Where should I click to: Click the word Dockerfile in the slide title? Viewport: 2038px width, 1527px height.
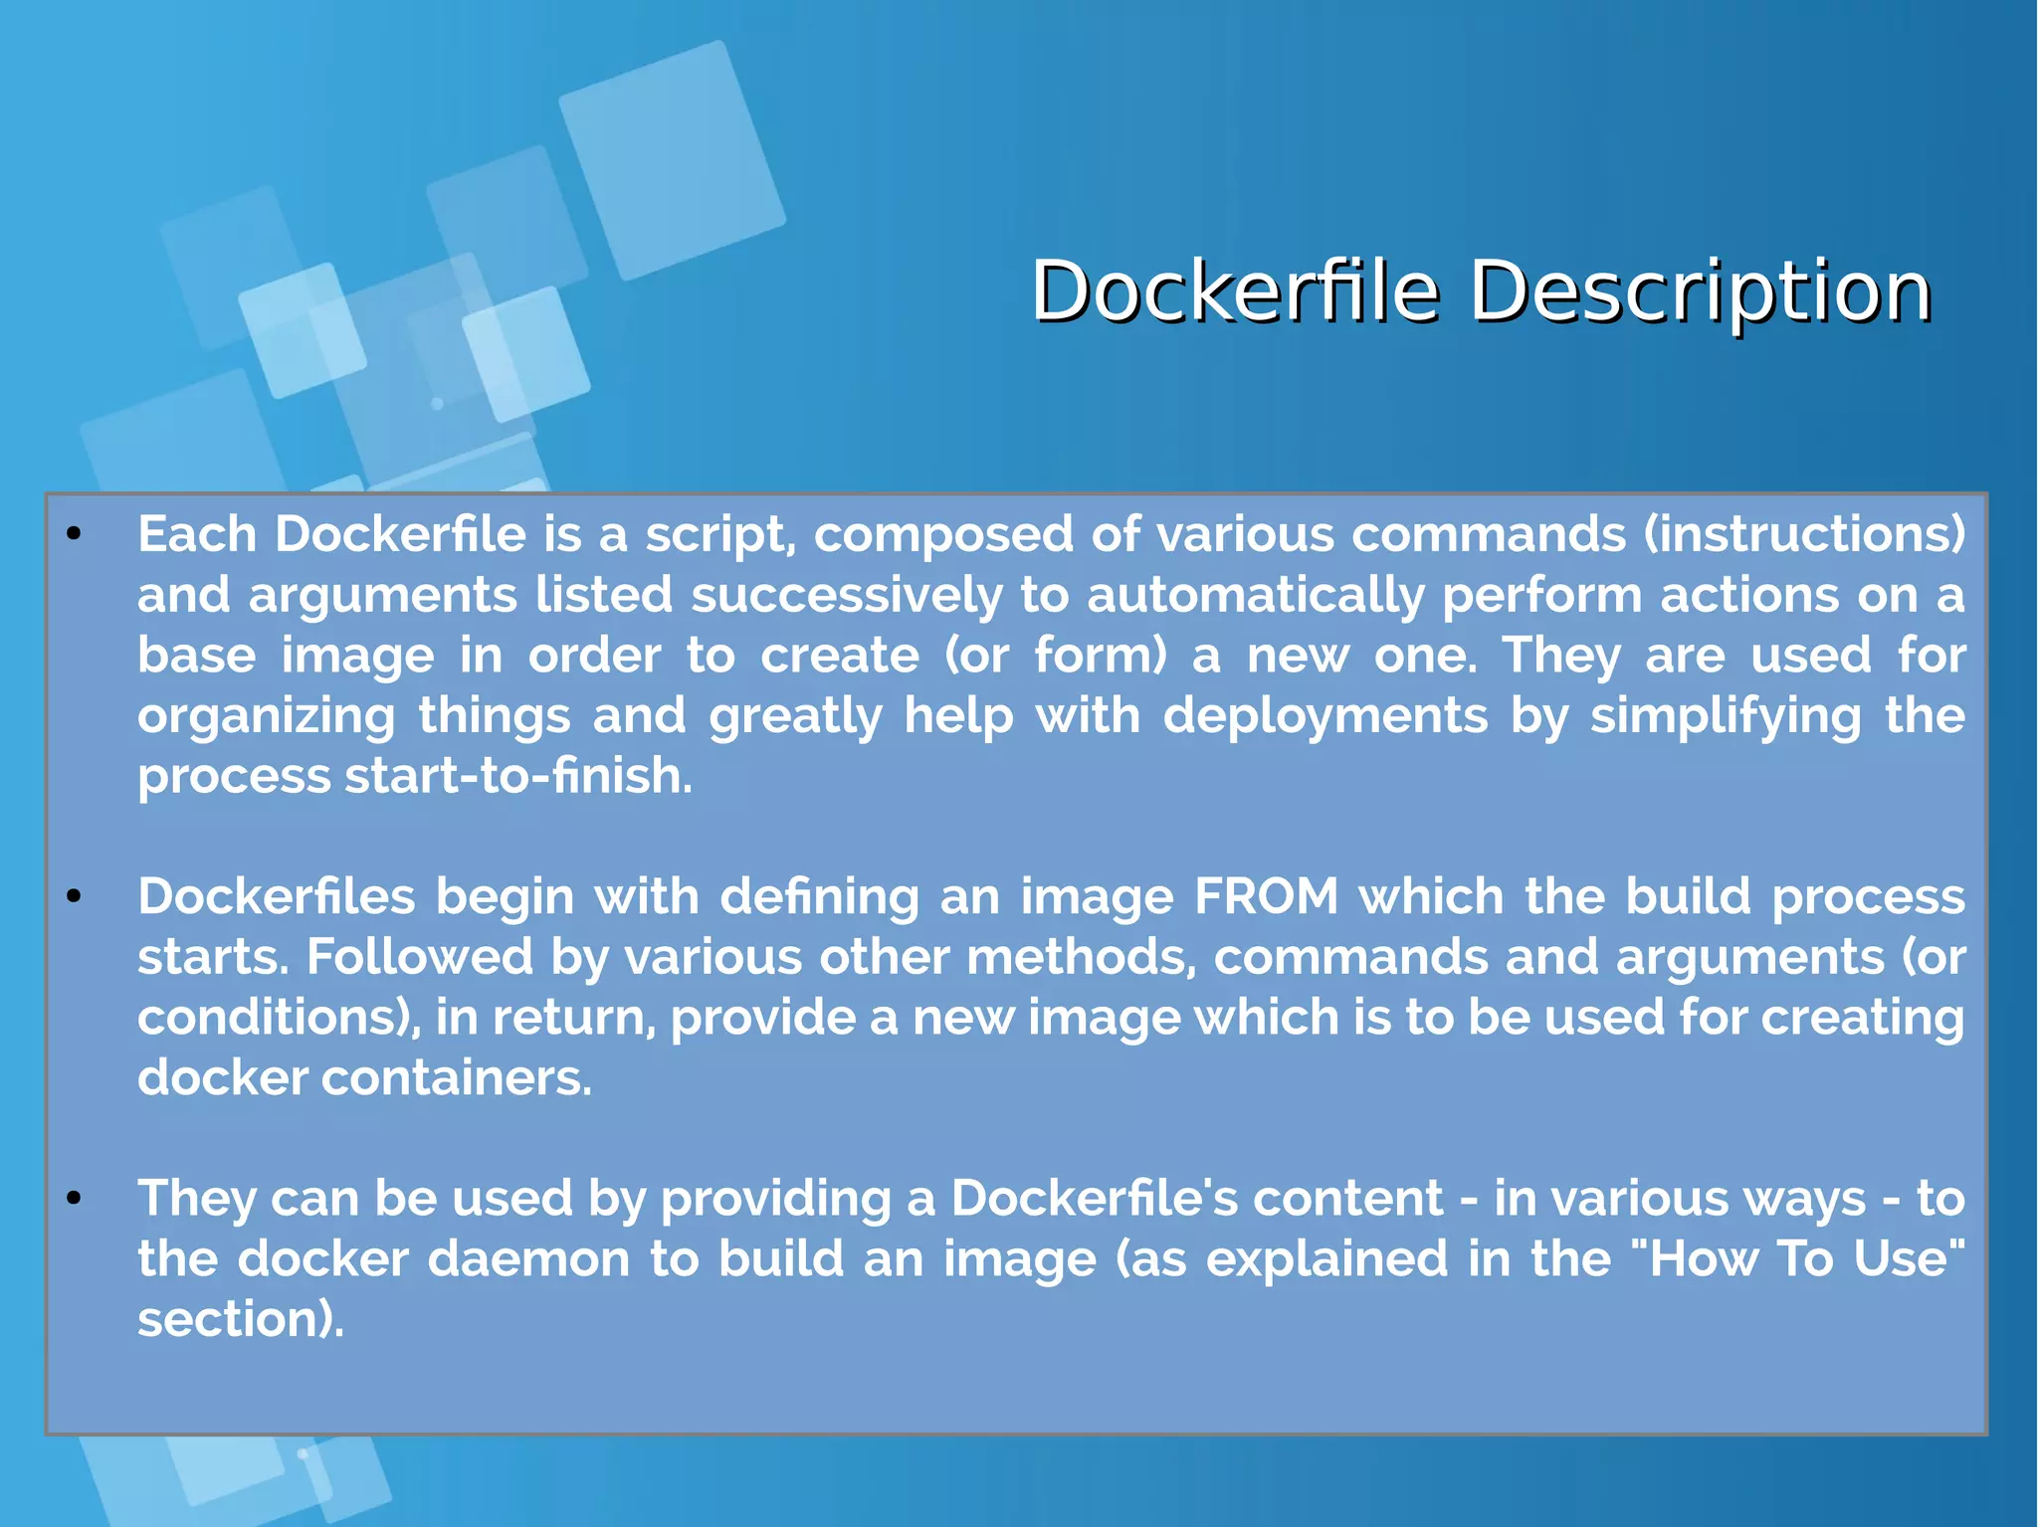[1234, 291]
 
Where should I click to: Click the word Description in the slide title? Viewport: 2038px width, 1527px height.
[1700, 291]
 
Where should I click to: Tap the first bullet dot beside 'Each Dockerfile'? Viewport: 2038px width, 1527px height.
[73, 535]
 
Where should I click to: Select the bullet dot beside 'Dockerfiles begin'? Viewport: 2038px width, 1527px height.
[73, 897]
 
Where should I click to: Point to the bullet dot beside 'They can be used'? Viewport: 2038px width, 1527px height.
[73, 1199]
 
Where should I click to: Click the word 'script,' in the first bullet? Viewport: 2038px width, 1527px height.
[720, 535]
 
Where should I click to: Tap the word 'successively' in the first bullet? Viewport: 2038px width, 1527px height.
[847, 596]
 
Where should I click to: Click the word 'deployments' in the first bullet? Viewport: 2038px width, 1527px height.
[1325, 716]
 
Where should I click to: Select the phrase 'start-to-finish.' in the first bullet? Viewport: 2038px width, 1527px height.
[518, 776]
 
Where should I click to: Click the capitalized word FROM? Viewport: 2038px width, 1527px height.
[1267, 897]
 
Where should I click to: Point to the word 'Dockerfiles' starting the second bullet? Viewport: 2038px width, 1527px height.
[276, 897]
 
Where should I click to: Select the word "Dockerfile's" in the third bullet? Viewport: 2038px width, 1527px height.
[1092, 1199]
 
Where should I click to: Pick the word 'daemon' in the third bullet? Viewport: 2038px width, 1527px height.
[529, 1259]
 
